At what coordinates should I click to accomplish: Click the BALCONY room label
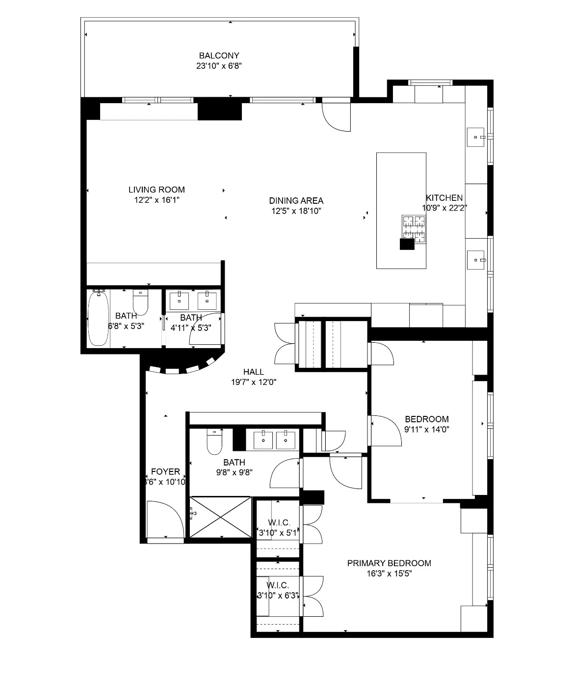point(219,55)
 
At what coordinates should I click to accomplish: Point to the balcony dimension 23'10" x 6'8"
point(219,66)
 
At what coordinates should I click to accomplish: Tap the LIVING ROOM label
point(157,190)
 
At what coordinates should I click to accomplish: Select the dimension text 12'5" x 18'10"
point(296,211)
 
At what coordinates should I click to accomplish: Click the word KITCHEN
point(444,198)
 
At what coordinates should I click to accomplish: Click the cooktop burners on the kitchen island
point(413,228)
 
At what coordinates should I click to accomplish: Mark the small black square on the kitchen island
point(407,244)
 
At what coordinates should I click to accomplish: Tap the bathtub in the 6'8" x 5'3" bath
point(99,318)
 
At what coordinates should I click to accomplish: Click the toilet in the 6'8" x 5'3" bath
point(141,302)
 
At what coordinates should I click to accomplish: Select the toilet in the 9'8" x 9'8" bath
point(214,442)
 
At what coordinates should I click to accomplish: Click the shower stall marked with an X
point(220,517)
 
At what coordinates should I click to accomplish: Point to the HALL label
point(253,372)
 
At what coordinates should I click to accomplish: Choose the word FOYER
point(165,472)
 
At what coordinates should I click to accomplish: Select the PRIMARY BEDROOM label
point(389,563)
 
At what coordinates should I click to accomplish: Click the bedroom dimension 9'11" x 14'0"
point(426,429)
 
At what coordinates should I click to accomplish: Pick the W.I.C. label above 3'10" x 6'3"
point(278,585)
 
